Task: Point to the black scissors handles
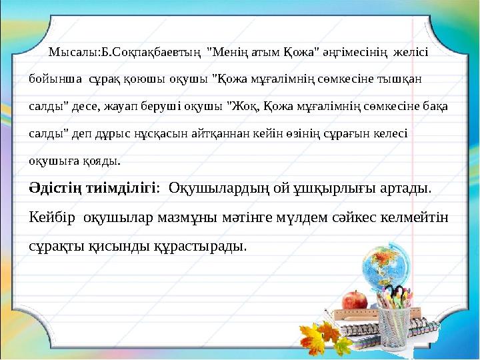click(x=399, y=293)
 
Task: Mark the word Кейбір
click(x=51, y=217)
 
